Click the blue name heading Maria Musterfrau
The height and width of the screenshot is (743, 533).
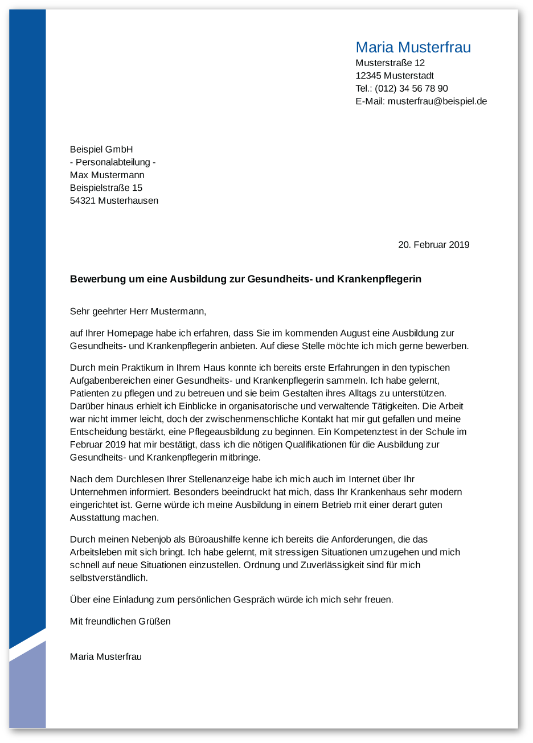click(x=413, y=47)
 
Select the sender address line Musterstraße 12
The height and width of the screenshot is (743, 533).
click(x=390, y=63)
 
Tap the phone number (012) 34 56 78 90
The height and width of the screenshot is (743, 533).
click(x=411, y=88)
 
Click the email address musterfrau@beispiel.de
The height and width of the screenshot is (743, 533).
click(x=437, y=101)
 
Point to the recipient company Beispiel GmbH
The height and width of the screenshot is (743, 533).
click(x=101, y=149)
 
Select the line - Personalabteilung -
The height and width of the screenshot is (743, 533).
click(x=113, y=162)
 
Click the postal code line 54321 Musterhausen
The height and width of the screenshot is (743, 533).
click(x=114, y=200)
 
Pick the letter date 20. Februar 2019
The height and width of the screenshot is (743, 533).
click(x=433, y=245)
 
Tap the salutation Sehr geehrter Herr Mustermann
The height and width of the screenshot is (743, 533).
click(x=137, y=311)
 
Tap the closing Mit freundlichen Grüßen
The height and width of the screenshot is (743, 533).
click(x=120, y=621)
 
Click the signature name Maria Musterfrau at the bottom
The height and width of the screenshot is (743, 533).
click(x=105, y=656)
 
